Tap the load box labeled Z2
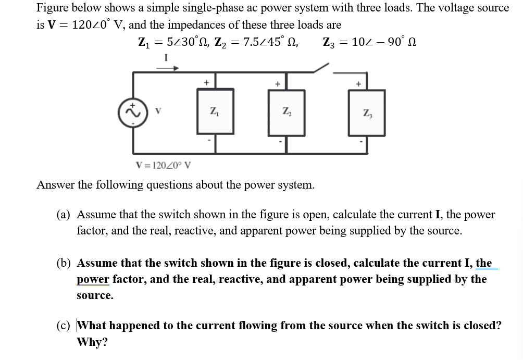pyautogui.click(x=286, y=112)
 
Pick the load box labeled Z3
pyautogui.click(x=367, y=113)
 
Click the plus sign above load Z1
pyautogui.click(x=206, y=82)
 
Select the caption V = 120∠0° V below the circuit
pyautogui.click(x=163, y=166)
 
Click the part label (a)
pyautogui.click(x=64, y=215)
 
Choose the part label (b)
pyautogui.click(x=64, y=263)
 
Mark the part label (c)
pyautogui.click(x=64, y=326)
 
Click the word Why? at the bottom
pyautogui.click(x=92, y=342)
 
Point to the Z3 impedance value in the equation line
pyautogui.click(x=369, y=42)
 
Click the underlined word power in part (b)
pyautogui.click(x=93, y=279)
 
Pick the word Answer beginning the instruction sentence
pyautogui.click(x=55, y=185)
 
